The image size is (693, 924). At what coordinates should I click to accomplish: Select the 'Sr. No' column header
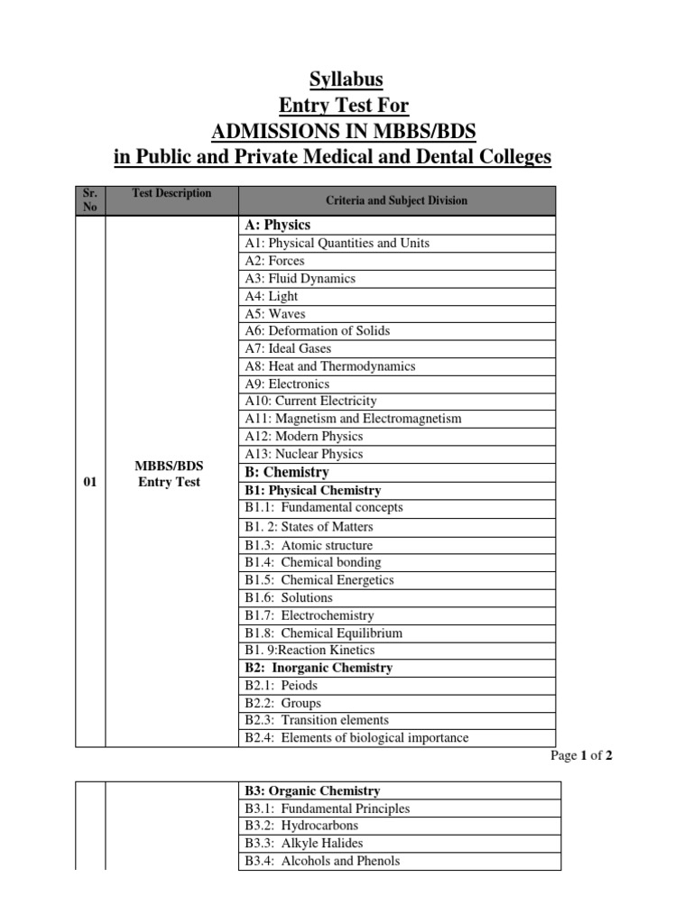point(90,199)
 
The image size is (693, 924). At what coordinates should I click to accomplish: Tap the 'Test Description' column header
point(171,193)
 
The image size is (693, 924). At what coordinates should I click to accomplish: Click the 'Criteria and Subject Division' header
point(396,200)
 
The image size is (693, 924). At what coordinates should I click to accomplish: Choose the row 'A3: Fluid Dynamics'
point(300,278)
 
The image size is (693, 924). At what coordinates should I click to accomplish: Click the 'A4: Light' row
point(271,296)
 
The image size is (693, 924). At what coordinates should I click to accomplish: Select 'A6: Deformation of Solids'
point(317,330)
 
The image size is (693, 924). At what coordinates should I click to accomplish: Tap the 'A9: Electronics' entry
point(287,383)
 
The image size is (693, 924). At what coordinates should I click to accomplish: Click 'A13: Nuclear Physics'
point(304,454)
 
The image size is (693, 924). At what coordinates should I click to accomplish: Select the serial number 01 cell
point(90,482)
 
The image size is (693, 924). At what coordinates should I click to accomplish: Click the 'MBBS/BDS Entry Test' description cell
point(170,474)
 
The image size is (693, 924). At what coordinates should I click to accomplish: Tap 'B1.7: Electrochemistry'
point(309,615)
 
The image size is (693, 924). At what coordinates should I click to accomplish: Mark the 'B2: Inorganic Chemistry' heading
point(319,668)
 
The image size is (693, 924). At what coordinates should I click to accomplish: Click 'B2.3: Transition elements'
point(317,720)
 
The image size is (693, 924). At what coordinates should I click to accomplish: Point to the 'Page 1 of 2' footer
point(581,756)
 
